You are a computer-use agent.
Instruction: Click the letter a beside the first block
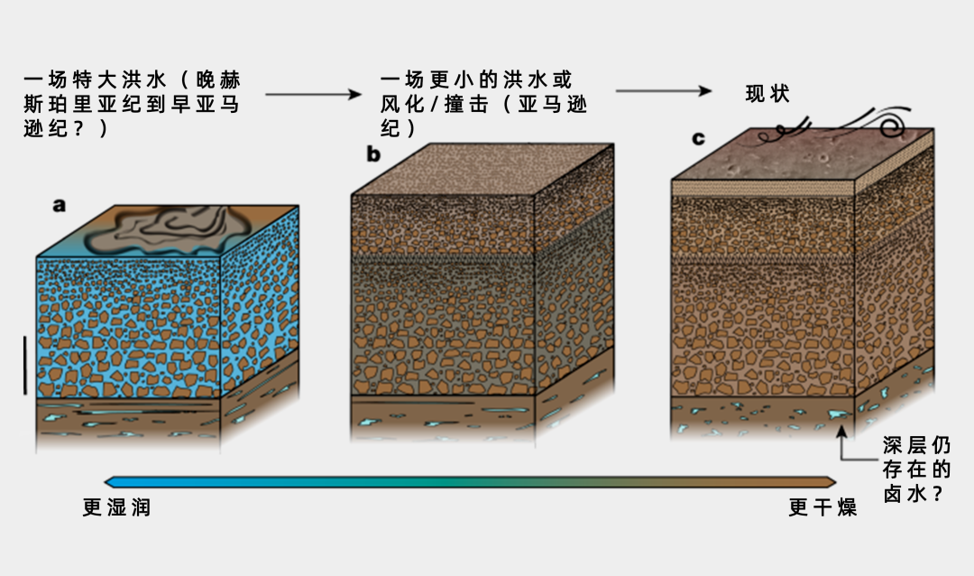coord(60,205)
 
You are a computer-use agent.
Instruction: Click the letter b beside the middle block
coord(373,154)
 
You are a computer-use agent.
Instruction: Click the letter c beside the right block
coord(697,138)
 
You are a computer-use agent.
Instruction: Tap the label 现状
coord(767,93)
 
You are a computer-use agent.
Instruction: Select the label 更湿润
coord(116,508)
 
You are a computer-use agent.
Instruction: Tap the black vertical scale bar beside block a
coord(25,366)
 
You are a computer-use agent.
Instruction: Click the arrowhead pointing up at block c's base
coord(842,434)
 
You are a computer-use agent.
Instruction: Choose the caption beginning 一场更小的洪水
coord(483,104)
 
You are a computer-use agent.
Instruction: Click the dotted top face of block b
coord(482,170)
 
